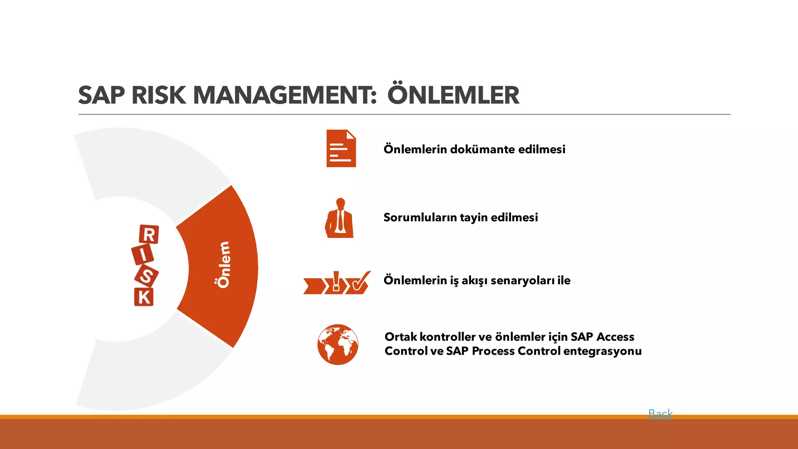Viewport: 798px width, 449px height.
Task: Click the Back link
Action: [x=660, y=414]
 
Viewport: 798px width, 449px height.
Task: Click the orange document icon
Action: [x=341, y=148]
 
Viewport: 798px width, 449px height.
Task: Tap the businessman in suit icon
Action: [x=340, y=218]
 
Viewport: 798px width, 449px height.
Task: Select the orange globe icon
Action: [x=337, y=345]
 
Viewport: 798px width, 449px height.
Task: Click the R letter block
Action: [x=149, y=234]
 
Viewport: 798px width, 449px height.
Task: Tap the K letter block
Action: [x=144, y=297]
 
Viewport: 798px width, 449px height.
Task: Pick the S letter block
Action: [x=147, y=276]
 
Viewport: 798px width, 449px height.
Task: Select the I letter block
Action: [x=143, y=255]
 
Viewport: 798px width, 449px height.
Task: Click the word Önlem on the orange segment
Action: [x=224, y=265]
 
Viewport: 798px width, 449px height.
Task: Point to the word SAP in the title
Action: [x=102, y=95]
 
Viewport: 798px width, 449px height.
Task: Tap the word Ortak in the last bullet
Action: [x=401, y=337]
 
